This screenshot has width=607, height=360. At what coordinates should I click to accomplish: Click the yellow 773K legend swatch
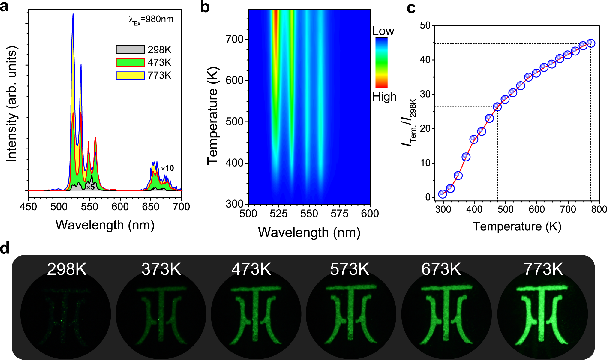[130, 76]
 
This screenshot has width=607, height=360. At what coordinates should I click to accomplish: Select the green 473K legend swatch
[130, 62]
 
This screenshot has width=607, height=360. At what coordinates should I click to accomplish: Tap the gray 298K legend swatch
[130, 49]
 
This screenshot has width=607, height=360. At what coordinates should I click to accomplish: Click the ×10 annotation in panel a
[167, 168]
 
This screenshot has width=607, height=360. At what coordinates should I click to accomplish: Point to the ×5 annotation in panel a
[90, 187]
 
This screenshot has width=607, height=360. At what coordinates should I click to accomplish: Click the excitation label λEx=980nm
[151, 20]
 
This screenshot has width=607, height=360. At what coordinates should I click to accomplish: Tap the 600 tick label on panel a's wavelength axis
[120, 207]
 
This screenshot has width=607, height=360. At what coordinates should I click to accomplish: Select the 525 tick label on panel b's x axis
[279, 214]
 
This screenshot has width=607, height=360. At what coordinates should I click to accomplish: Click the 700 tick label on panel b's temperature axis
[235, 39]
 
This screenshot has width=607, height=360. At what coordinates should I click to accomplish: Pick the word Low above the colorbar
[383, 31]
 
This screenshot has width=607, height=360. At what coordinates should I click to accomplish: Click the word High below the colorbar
[384, 97]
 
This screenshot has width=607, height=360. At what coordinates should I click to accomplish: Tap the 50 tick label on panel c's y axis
[425, 25]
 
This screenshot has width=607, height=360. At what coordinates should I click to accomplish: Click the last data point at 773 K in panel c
[591, 43]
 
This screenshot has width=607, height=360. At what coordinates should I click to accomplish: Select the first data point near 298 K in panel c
[443, 194]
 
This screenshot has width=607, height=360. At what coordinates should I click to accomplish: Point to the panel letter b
[205, 7]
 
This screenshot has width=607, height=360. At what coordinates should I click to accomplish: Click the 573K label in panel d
[350, 269]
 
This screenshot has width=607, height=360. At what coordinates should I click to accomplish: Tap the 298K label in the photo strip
[67, 269]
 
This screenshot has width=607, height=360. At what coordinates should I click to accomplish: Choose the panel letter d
[5, 248]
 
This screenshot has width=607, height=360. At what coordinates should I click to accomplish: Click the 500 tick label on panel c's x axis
[505, 209]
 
